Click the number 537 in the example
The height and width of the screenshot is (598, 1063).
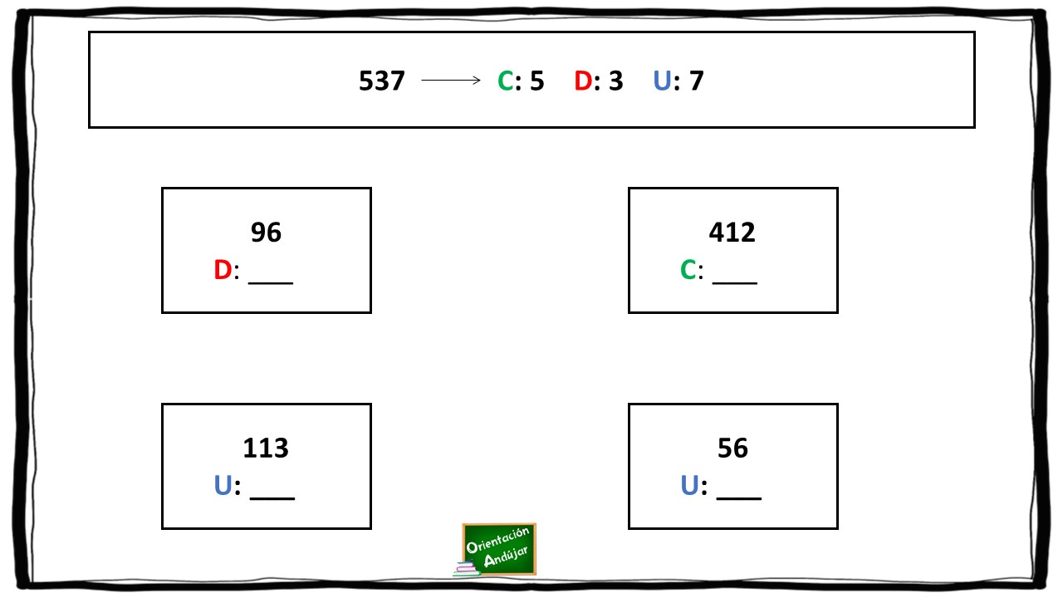point(381,81)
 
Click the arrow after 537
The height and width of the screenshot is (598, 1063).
point(451,81)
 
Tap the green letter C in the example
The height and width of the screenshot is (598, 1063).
point(505,81)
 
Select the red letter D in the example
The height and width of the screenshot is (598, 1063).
point(583,81)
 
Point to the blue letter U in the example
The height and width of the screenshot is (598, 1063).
point(662,81)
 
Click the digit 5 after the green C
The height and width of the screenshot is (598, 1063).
point(536,81)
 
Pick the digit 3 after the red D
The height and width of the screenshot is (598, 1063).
point(615,81)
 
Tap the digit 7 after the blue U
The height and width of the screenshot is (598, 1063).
point(696,81)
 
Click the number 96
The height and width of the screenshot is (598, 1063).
point(266,232)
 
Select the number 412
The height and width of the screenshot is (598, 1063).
point(732,232)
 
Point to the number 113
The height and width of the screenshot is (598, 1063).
point(265,448)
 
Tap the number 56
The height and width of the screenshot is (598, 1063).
point(732,448)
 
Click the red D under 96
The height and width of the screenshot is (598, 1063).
point(223,270)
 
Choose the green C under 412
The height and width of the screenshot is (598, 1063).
point(688,270)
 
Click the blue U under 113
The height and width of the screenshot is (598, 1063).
point(223,486)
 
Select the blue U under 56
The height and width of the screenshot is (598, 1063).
point(689,486)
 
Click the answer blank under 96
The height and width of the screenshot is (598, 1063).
point(271,283)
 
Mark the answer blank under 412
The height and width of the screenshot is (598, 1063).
point(735,283)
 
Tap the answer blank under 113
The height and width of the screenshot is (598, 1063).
point(272,499)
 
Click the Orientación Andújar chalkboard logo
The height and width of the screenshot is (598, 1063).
point(495,550)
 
